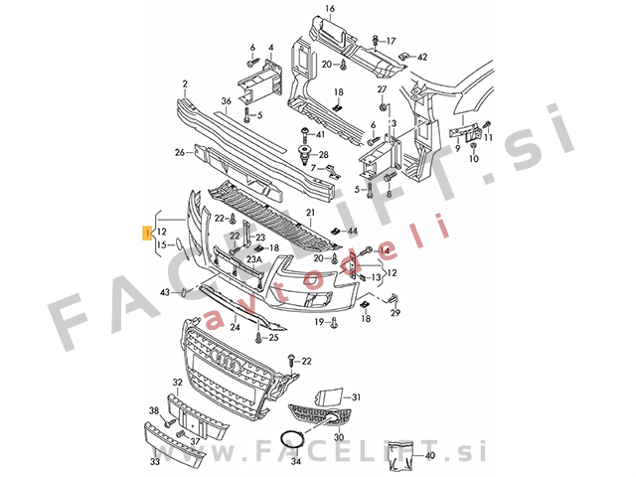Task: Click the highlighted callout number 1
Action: [147, 233]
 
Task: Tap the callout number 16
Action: [330, 8]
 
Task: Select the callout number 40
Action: [429, 455]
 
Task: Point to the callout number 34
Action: [296, 461]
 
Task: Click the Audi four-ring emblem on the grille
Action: [227, 360]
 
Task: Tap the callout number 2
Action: [185, 84]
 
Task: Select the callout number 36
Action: [226, 101]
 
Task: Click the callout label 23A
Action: [254, 259]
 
